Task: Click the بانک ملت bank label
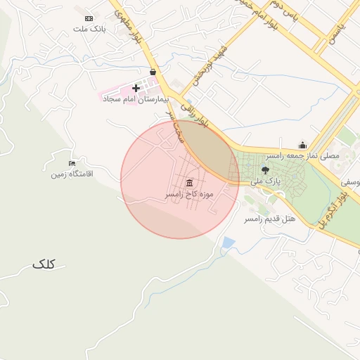pyautogui.click(x=89, y=30)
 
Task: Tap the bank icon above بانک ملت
pyautogui.click(x=89, y=18)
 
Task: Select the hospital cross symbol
pyautogui.click(x=136, y=88)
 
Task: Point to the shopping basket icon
pyautogui.click(x=153, y=72)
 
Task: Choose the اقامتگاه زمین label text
pyautogui.click(x=70, y=174)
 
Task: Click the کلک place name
pyautogui.click(x=43, y=264)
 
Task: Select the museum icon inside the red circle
pyautogui.click(x=189, y=183)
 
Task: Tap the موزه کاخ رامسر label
pyautogui.click(x=189, y=193)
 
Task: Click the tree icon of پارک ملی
pyautogui.click(x=265, y=169)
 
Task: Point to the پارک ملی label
pyautogui.click(x=268, y=181)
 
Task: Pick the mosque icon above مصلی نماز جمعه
pyautogui.click(x=302, y=145)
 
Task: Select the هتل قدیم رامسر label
pyautogui.click(x=269, y=219)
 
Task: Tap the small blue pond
pyautogui.click(x=228, y=243)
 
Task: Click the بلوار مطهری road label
pyautogui.click(x=129, y=21)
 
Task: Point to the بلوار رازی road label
pyautogui.click(x=195, y=116)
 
